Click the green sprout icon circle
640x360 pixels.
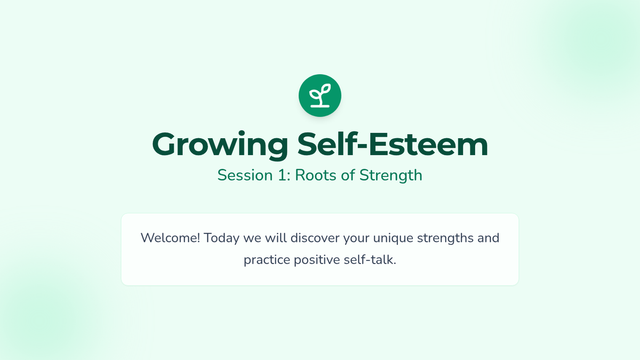(x=320, y=95)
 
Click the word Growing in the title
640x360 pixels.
(x=220, y=146)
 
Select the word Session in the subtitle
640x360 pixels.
(x=245, y=175)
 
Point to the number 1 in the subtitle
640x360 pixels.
(x=282, y=175)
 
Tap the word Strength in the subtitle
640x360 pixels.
(x=391, y=175)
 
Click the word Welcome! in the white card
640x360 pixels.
(x=170, y=238)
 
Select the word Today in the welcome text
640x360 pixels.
(x=222, y=238)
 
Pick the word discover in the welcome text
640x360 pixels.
(x=315, y=238)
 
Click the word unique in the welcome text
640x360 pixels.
(x=393, y=238)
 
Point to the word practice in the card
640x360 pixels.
(x=267, y=260)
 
